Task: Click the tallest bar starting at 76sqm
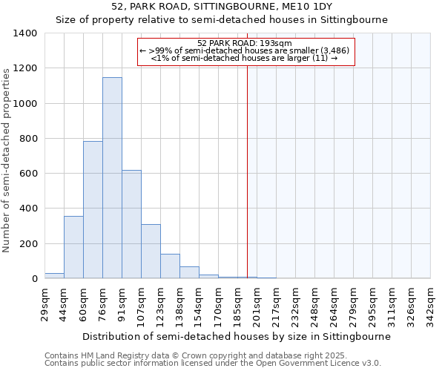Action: [112, 178]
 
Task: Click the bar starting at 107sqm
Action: [151, 252]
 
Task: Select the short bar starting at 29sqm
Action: [54, 275]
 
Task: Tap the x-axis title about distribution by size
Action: [237, 336]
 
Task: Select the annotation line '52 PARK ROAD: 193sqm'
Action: [245, 43]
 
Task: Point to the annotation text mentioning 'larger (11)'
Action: [245, 58]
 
